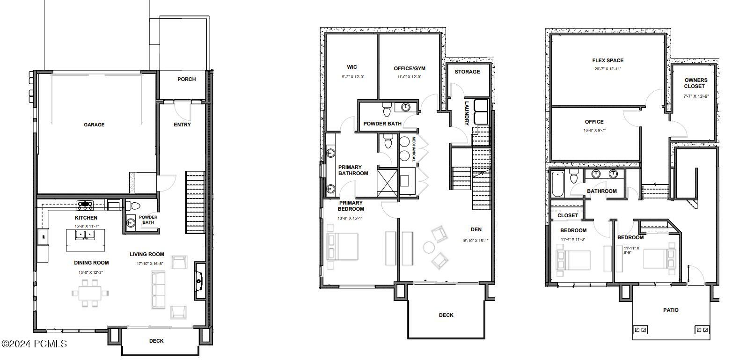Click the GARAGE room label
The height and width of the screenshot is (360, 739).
(94, 125)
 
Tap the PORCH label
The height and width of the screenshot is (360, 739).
(186, 79)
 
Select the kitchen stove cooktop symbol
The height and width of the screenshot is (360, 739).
(85, 204)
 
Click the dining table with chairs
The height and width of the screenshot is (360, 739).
(90, 294)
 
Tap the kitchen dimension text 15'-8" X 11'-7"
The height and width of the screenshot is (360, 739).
(86, 226)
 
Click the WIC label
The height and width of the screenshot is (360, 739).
(352, 67)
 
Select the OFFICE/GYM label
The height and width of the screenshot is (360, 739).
(410, 68)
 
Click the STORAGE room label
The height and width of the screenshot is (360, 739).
(467, 72)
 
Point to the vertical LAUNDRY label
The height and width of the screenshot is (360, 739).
(467, 113)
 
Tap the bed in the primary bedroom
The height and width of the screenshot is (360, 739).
(343, 247)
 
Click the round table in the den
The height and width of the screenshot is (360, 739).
(429, 247)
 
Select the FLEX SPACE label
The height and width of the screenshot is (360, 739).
(607, 60)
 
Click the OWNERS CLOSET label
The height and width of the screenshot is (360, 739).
(695, 83)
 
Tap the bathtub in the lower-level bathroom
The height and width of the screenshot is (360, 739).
(557, 185)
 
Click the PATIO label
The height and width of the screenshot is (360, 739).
(670, 310)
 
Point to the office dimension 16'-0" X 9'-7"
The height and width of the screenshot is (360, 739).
(594, 131)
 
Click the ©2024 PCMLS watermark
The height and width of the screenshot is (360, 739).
(34, 344)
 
